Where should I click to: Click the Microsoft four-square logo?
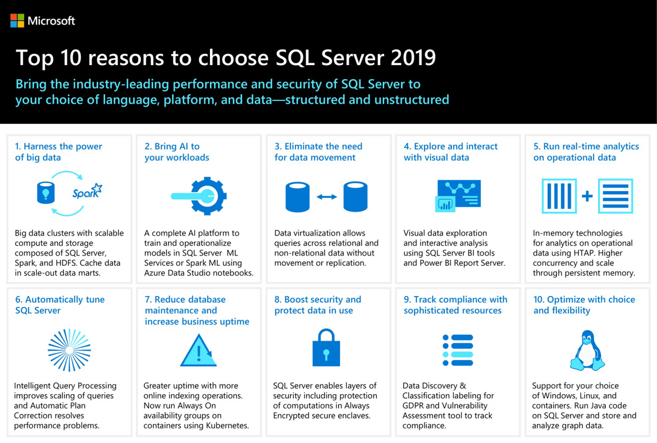pos(17,21)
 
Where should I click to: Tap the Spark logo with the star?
pos(87,192)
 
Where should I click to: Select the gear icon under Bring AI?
pos(199,196)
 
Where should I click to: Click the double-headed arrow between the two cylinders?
pos(327,197)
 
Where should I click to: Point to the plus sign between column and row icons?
pos(587,196)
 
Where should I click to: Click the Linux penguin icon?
pos(587,350)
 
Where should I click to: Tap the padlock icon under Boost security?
pos(326,348)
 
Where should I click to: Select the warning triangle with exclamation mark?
pos(199,350)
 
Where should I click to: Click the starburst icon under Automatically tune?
pos(69,350)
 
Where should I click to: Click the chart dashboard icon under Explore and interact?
pos(458,196)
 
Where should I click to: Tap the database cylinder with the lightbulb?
pos(45,193)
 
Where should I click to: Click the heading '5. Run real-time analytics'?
pos(586,146)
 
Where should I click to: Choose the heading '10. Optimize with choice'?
pos(584,299)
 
